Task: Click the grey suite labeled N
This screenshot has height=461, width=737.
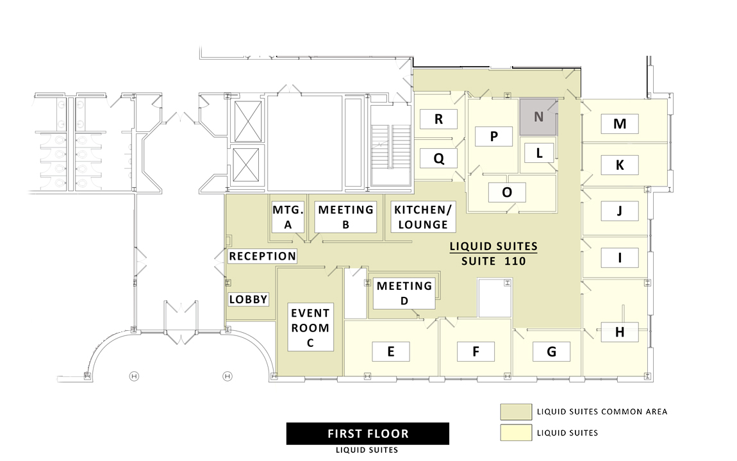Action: click(538, 117)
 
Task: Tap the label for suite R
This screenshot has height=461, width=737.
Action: click(438, 119)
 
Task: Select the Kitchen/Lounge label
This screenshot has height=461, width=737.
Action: click(423, 217)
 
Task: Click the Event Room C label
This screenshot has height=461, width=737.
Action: click(310, 328)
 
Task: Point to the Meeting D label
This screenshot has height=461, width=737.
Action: click(404, 293)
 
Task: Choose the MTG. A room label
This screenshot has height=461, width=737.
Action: click(288, 217)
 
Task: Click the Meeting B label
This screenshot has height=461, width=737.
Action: click(345, 217)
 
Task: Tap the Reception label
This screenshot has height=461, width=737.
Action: click(262, 256)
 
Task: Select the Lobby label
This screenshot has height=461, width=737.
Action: click(248, 299)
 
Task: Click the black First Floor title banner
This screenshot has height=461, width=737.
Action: click(368, 433)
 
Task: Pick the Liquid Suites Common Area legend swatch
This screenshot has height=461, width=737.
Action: click(516, 412)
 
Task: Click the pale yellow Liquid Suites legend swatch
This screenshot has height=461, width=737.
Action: click(516, 433)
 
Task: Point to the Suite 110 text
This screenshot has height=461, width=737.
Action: click(493, 261)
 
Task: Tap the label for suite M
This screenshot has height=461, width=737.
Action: click(620, 124)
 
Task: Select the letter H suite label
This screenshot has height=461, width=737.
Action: click(620, 332)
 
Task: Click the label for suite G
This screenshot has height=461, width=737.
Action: click(551, 351)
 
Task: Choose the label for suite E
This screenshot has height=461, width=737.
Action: click(390, 351)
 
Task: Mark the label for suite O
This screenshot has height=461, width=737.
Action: click(507, 192)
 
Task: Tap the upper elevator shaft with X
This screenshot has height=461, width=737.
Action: click(248, 121)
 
